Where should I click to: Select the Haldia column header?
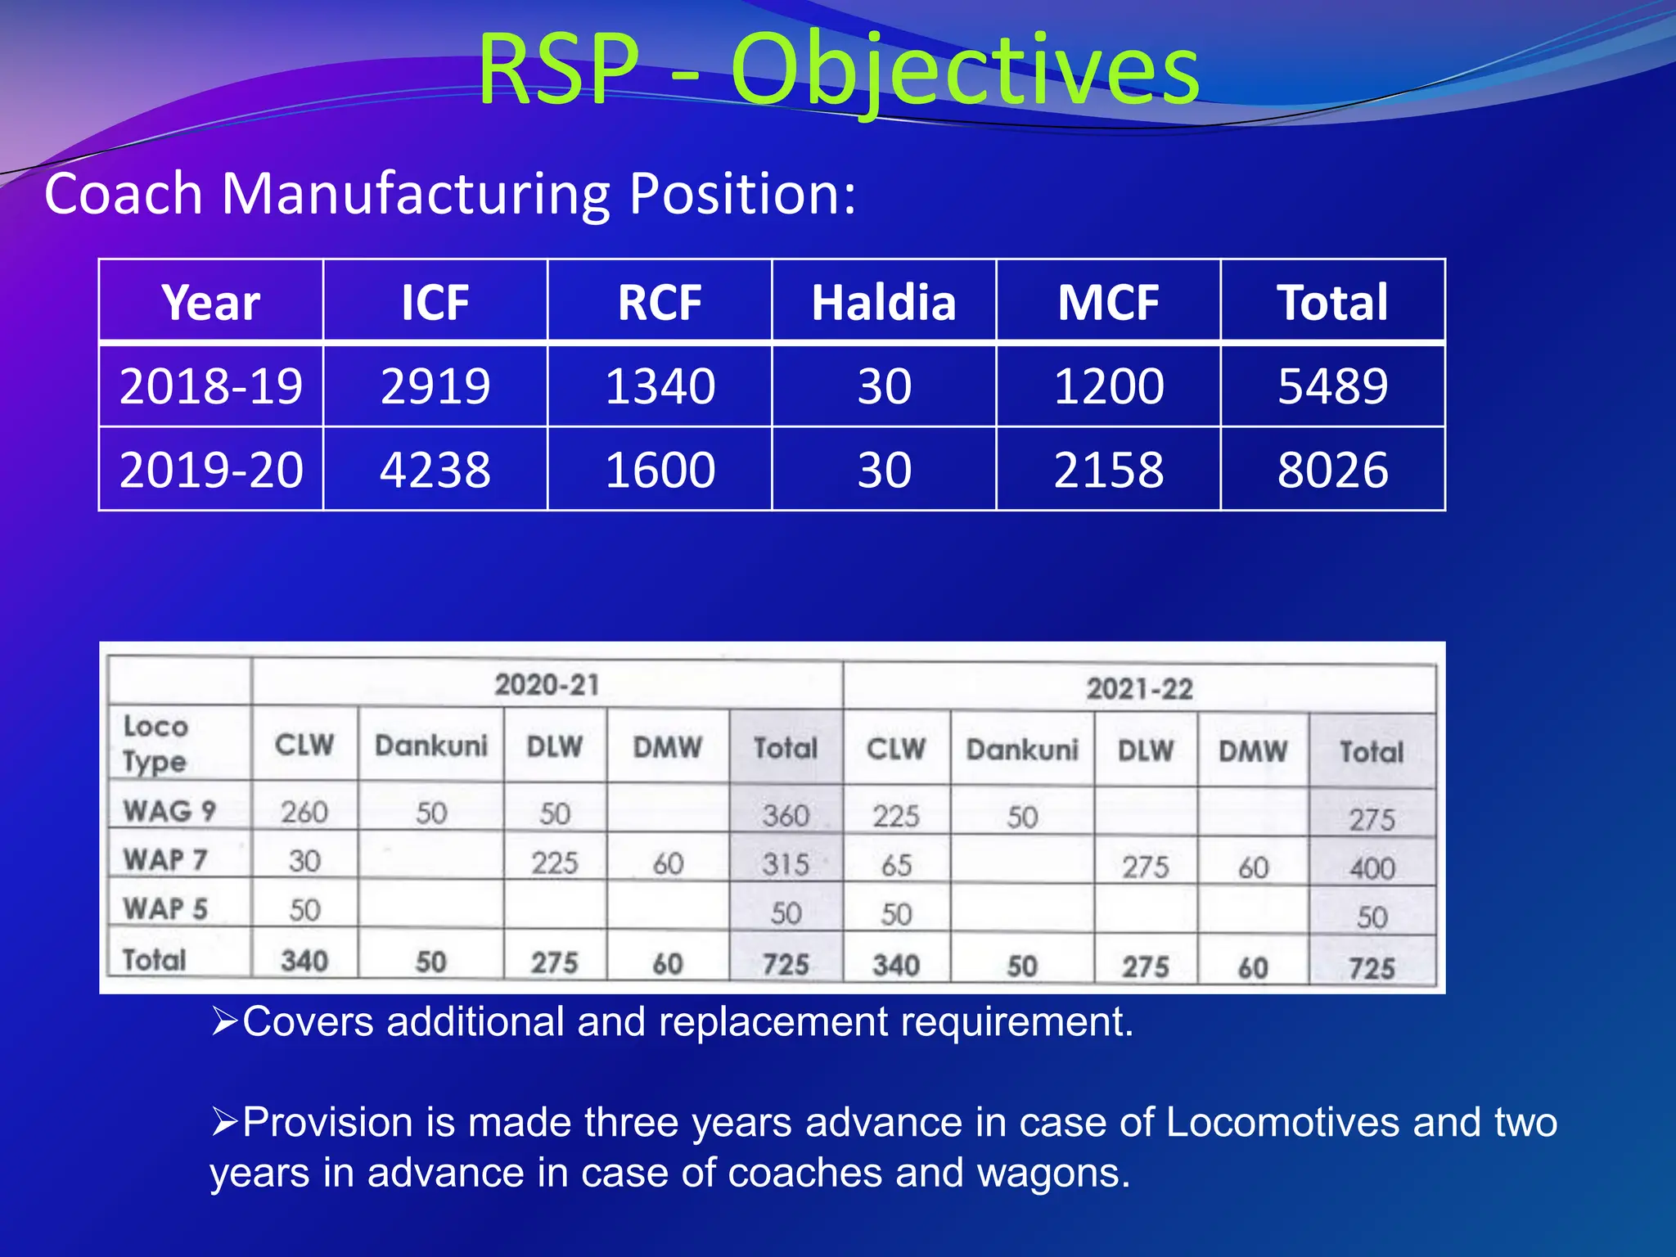[884, 302]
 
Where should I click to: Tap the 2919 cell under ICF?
[435, 386]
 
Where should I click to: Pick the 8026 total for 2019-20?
[1332, 471]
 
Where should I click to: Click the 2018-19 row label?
[211, 386]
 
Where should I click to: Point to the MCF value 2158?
[1108, 471]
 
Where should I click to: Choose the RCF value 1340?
[660, 386]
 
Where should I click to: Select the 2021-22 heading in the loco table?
[1139, 689]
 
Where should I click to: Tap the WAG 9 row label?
[169, 811]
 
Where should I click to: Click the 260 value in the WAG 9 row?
[304, 813]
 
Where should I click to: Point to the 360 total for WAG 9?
[786, 816]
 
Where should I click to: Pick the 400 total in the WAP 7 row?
[1372, 868]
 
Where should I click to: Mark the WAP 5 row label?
[166, 908]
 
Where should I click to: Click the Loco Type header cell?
[155, 743]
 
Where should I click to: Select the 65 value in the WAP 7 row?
[896, 865]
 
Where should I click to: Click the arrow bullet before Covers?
[224, 1021]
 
